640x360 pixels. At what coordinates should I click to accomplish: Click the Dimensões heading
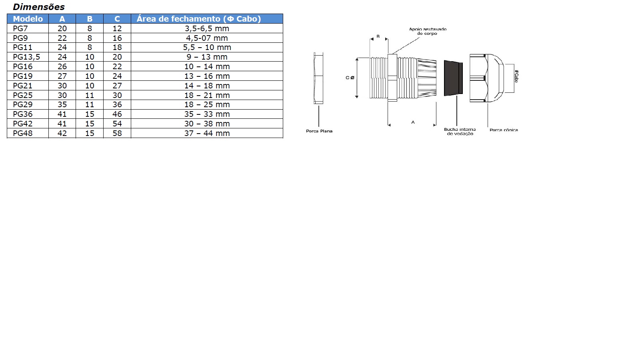pos(39,7)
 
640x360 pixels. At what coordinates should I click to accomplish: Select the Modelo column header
pos(28,19)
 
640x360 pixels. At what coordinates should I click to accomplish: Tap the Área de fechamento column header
pos(198,19)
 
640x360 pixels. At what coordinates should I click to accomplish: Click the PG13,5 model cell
pos(26,57)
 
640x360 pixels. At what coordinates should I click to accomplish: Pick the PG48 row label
pos(22,133)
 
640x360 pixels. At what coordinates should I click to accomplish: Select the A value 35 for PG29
pos(62,104)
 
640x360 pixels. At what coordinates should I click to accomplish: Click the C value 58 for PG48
pos(117,133)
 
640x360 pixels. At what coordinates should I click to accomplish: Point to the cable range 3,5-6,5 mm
pos(207,28)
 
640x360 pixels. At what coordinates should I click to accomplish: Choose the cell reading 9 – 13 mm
pos(207,57)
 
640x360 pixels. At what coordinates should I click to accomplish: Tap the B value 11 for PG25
pos(90,95)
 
